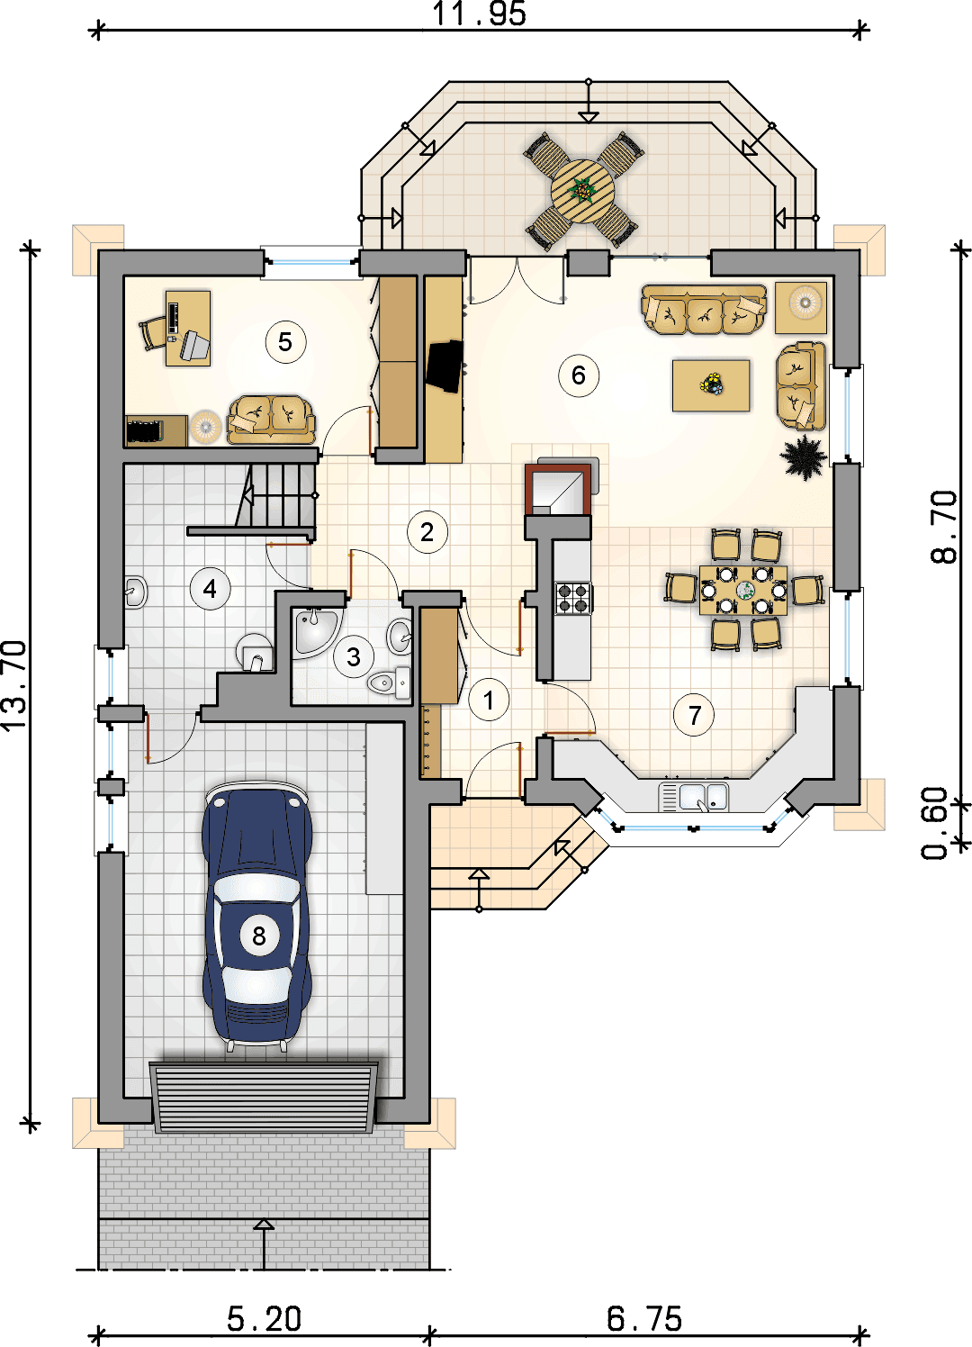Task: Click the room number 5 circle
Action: [285, 342]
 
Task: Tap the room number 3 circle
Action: [354, 656]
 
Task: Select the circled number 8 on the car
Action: [259, 936]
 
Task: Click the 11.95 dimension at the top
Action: [479, 14]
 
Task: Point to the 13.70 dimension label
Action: [14, 685]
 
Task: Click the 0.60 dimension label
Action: [935, 823]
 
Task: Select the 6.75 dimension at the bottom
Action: [643, 1319]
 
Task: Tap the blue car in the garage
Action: [257, 916]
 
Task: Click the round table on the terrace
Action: [582, 190]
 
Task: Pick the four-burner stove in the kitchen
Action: [573, 598]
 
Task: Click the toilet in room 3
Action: [390, 683]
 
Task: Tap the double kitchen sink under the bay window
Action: [694, 797]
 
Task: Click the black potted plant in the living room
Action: [803, 457]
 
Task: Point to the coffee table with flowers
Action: [711, 385]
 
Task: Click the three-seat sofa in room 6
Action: [704, 310]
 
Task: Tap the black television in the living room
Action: [445, 366]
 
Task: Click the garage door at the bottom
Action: [264, 1098]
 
